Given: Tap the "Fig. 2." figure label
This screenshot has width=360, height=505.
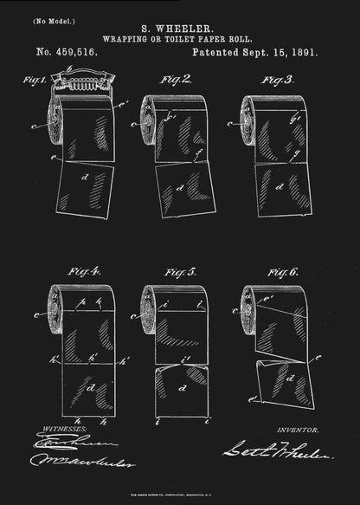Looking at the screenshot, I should tap(177, 80).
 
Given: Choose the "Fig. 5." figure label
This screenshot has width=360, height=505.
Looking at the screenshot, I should tap(179, 273).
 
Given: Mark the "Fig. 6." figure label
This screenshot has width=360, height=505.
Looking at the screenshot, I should tap(282, 273).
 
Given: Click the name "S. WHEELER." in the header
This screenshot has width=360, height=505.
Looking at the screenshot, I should tap(179, 28).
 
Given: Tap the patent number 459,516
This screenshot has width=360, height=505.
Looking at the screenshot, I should tap(79, 52).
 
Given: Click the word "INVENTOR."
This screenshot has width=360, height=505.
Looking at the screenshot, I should tap(297, 429).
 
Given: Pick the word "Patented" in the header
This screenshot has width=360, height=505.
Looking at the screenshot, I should tap(218, 52).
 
